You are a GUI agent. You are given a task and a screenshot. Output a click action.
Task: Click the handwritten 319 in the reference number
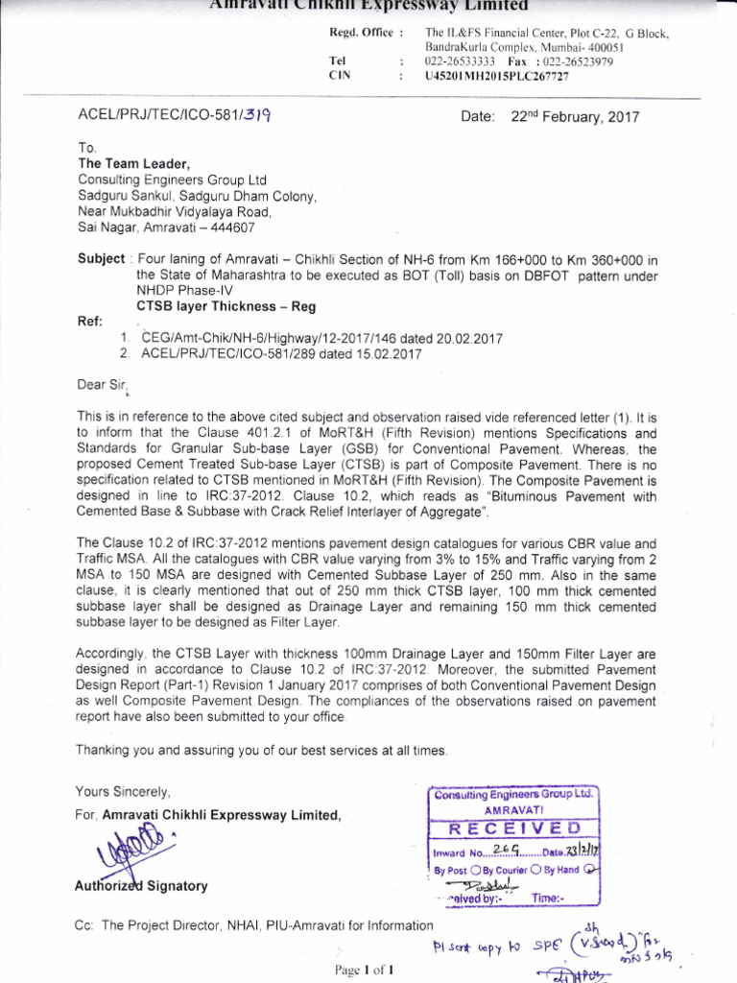coord(253,117)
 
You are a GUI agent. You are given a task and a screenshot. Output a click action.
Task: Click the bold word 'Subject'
coord(101,259)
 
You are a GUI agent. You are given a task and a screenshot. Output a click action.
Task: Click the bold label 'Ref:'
coord(89,323)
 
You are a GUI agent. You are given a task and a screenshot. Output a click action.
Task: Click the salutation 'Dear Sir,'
coord(101,385)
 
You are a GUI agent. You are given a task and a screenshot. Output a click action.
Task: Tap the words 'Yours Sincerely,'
coord(123,792)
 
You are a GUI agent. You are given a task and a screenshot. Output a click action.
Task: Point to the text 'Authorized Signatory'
coord(141,886)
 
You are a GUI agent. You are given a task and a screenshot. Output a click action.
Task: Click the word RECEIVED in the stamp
coord(512,828)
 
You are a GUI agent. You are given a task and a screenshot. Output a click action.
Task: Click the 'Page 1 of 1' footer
coord(364,970)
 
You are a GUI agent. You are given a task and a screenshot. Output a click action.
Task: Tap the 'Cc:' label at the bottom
coord(85,925)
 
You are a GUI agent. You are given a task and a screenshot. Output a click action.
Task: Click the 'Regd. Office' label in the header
coord(361,34)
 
